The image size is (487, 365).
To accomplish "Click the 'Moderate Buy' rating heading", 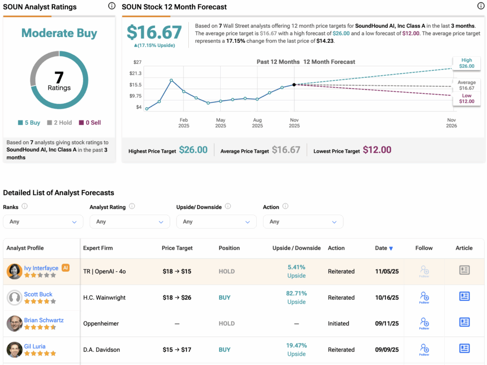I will [59, 33].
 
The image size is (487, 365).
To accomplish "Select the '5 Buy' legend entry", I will [29, 123].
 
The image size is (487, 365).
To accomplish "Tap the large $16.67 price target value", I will [154, 32].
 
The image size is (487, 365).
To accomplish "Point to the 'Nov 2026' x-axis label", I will [451, 123].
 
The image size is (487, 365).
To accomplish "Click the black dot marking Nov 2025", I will [294, 85].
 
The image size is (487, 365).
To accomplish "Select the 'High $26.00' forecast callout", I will [467, 63].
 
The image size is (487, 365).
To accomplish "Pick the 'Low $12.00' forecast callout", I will [467, 99].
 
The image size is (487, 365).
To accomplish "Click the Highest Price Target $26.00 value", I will [193, 150].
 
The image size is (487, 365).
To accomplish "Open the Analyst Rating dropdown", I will [129, 222].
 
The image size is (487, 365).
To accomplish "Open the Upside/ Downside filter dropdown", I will [216, 222].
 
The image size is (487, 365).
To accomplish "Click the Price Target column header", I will [177, 248].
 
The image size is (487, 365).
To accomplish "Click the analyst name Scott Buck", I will [38, 295].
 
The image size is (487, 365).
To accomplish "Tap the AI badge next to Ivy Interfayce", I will [66, 268].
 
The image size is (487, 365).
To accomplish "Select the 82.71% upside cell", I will [296, 294].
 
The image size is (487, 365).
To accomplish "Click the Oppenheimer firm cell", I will [101, 324].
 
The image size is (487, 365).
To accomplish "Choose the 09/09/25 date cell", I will [387, 350].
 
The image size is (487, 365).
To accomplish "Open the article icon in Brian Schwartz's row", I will [464, 322].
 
